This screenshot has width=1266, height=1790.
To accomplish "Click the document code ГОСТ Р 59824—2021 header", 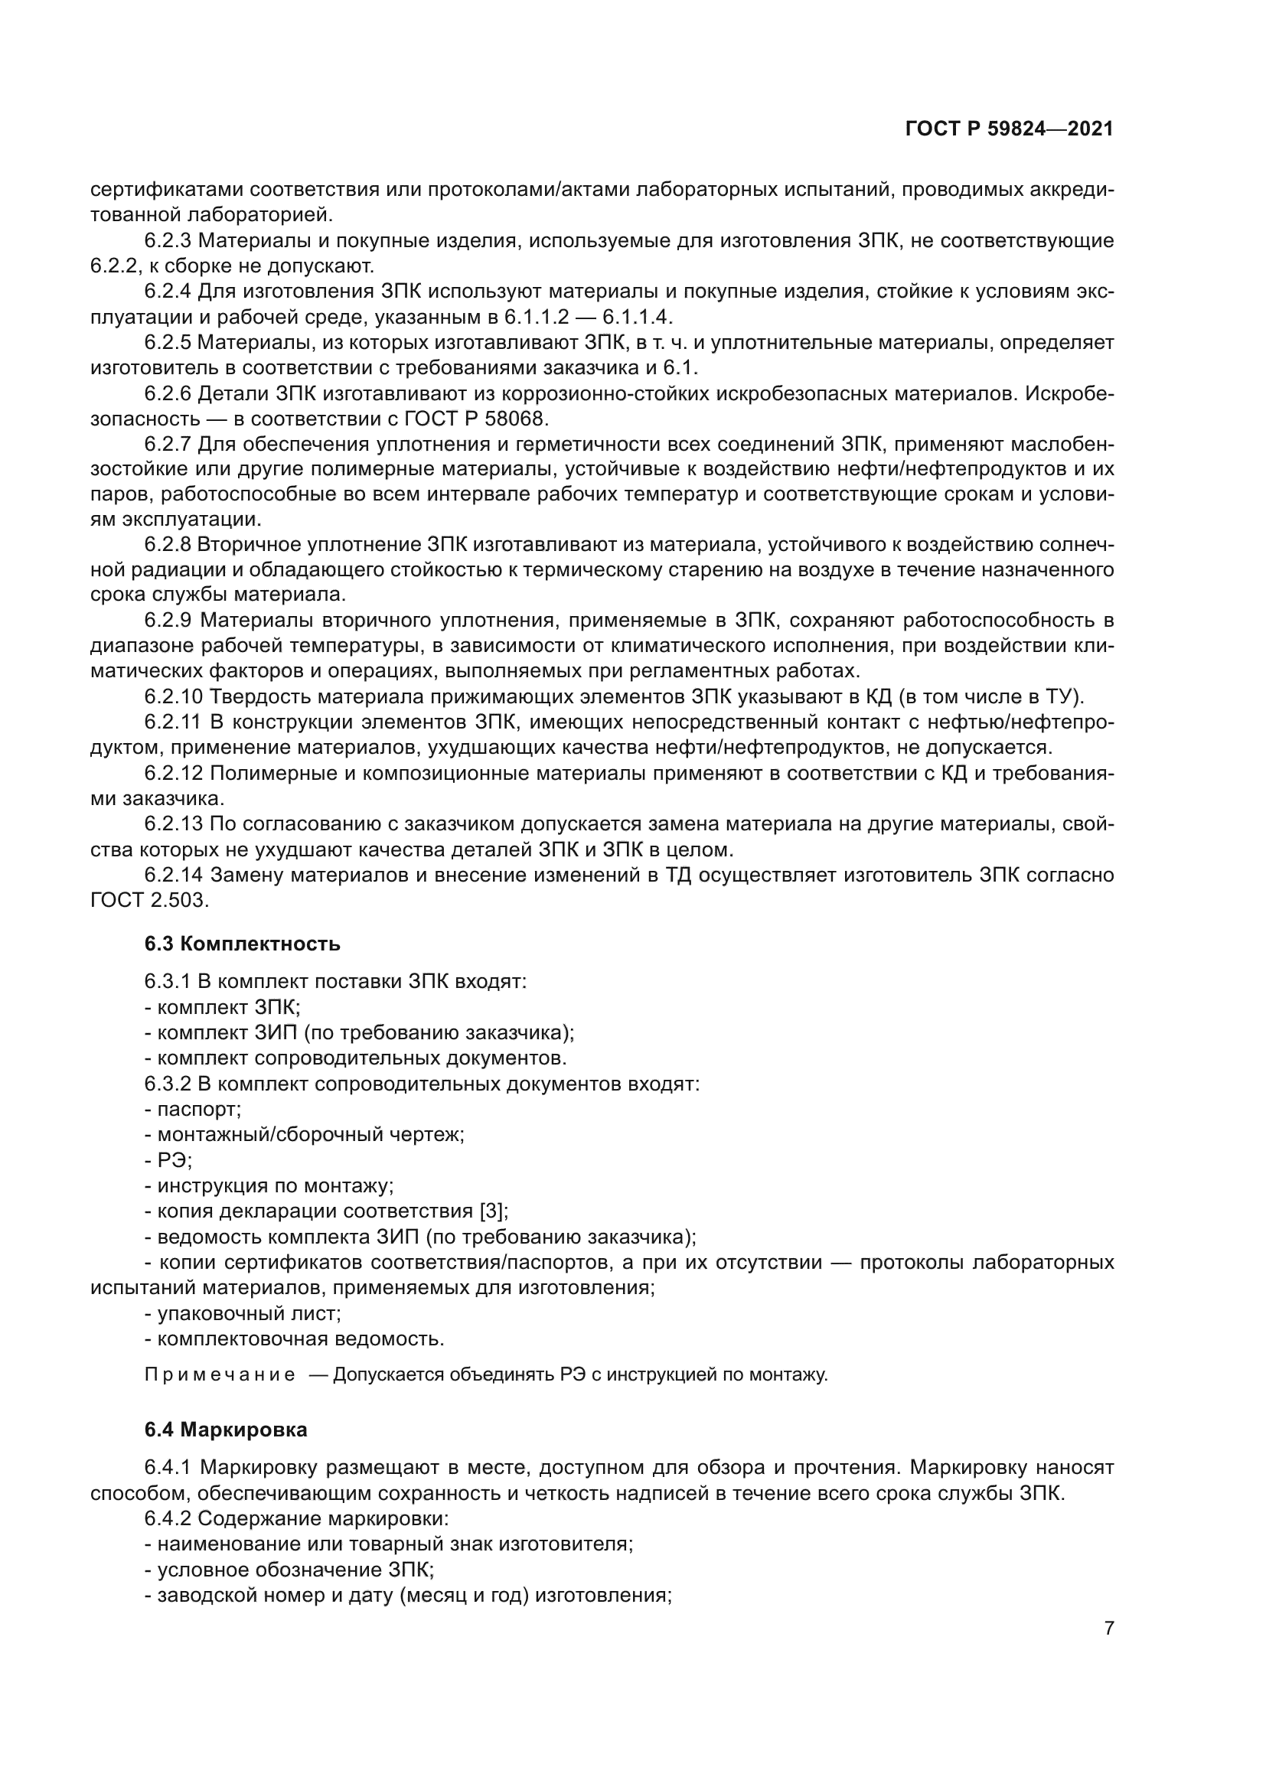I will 1009,129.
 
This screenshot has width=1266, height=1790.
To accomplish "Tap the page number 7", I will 1108,1628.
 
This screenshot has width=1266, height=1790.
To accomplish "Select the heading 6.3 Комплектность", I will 243,944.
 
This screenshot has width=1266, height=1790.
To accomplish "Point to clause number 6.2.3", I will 168,241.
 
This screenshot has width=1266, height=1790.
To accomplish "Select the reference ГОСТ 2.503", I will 150,901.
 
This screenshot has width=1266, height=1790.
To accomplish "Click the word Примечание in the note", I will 220,1374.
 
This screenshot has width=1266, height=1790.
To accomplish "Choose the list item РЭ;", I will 168,1160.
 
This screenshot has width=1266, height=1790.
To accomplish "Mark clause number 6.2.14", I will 173,875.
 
